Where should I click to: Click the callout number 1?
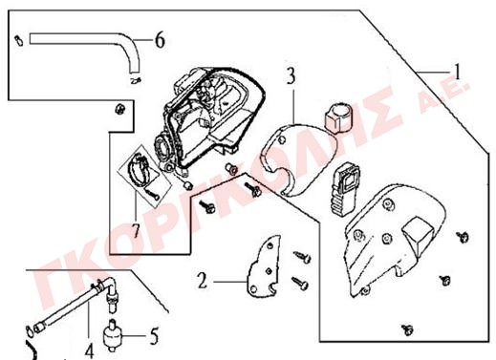tap(458, 72)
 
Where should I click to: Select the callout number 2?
tap(203, 280)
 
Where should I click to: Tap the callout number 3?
tap(291, 76)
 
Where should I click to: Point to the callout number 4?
tap(90, 351)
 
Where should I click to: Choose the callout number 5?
tap(154, 336)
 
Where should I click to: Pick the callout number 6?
tap(160, 40)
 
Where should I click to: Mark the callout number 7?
tap(136, 230)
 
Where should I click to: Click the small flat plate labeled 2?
tap(264, 266)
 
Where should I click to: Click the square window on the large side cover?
tap(418, 234)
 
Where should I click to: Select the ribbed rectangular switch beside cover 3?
tap(345, 188)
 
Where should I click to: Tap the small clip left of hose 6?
tap(19, 40)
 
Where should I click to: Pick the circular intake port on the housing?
tap(164, 149)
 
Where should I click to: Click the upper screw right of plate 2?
tap(302, 257)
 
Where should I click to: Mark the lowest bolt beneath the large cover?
tap(407, 329)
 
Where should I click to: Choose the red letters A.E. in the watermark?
tap(444, 96)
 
